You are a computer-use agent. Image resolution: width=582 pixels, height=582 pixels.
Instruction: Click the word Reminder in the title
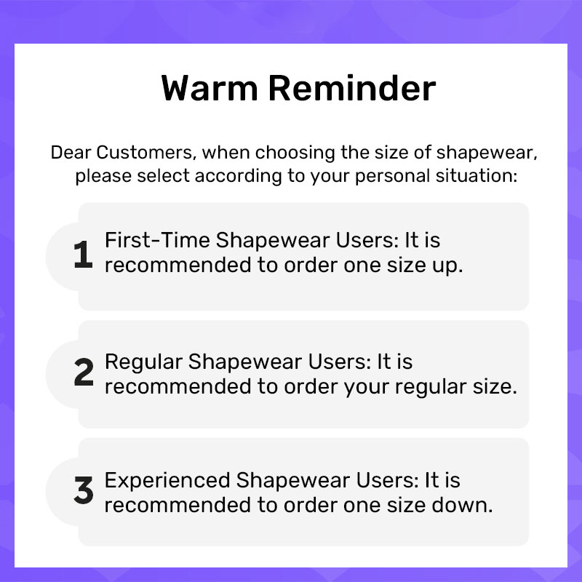point(352,89)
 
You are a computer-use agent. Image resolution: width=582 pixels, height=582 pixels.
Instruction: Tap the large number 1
point(84,255)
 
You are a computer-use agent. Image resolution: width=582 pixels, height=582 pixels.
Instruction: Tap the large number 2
point(84,374)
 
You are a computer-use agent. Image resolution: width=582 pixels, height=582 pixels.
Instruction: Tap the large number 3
point(84,492)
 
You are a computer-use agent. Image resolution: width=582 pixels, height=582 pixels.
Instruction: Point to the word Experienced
point(167,481)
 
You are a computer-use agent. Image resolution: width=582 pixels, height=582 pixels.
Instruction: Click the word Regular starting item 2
point(143,362)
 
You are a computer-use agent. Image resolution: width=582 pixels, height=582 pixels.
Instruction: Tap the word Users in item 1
point(343,241)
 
